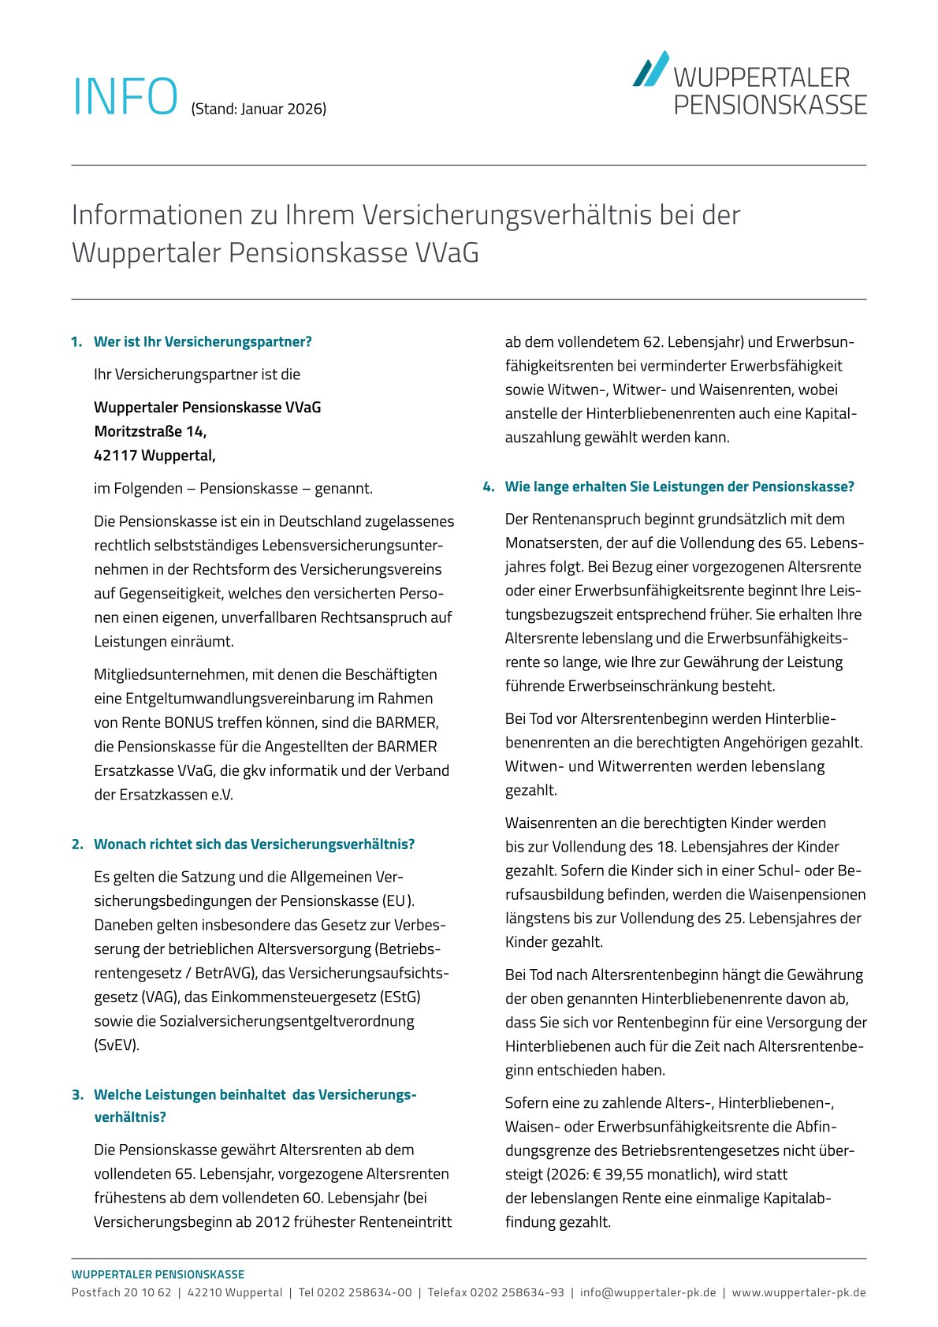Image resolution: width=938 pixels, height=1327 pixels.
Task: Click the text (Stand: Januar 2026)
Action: tap(259, 109)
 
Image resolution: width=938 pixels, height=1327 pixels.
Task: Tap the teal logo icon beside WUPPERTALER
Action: tap(651, 69)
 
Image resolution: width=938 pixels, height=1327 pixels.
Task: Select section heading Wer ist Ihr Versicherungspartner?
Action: tap(203, 341)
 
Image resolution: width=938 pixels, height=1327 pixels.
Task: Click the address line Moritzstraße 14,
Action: tap(151, 431)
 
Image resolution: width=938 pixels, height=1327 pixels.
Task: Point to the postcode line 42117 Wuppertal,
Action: tap(154, 455)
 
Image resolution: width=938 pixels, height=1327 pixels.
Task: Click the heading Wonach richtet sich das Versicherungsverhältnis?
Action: tap(254, 844)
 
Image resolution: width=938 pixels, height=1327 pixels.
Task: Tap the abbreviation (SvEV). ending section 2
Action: tap(117, 1045)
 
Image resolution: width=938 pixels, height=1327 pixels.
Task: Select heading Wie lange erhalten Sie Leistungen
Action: tap(679, 486)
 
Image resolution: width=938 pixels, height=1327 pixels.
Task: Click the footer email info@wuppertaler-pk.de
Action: tap(648, 1292)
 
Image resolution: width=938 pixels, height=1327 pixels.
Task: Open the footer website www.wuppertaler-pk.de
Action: tap(798, 1292)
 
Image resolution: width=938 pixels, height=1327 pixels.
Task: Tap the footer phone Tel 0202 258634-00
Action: tap(355, 1292)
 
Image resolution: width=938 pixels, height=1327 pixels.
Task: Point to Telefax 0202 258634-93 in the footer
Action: tap(496, 1292)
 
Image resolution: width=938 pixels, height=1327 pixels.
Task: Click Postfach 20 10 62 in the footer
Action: tap(121, 1292)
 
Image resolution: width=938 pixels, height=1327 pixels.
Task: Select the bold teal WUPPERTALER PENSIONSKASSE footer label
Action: tap(158, 1274)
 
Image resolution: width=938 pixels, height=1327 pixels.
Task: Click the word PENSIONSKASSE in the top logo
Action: tap(770, 105)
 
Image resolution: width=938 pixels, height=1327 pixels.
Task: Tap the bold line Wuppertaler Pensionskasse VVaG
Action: tap(207, 407)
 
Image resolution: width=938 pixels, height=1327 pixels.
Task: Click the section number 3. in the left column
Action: tap(77, 1094)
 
